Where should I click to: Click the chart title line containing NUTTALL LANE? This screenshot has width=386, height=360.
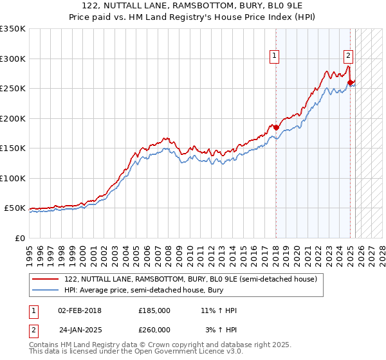193,6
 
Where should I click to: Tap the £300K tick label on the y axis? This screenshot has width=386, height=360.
13,59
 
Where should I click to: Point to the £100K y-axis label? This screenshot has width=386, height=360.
13,178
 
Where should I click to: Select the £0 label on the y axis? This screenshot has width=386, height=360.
19,238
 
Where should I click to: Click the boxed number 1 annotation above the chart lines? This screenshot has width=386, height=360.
275,56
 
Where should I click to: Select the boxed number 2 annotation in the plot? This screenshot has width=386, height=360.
348,56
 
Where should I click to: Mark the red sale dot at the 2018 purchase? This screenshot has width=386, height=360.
276,127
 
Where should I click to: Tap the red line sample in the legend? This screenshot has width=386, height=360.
46,280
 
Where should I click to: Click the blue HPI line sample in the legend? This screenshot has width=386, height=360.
46,290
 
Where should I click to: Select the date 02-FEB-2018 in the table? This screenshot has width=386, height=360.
80,310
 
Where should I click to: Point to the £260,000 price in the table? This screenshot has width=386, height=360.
154,330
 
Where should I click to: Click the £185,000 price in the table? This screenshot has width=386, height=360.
154,310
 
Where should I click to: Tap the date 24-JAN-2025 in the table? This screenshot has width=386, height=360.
80,330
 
